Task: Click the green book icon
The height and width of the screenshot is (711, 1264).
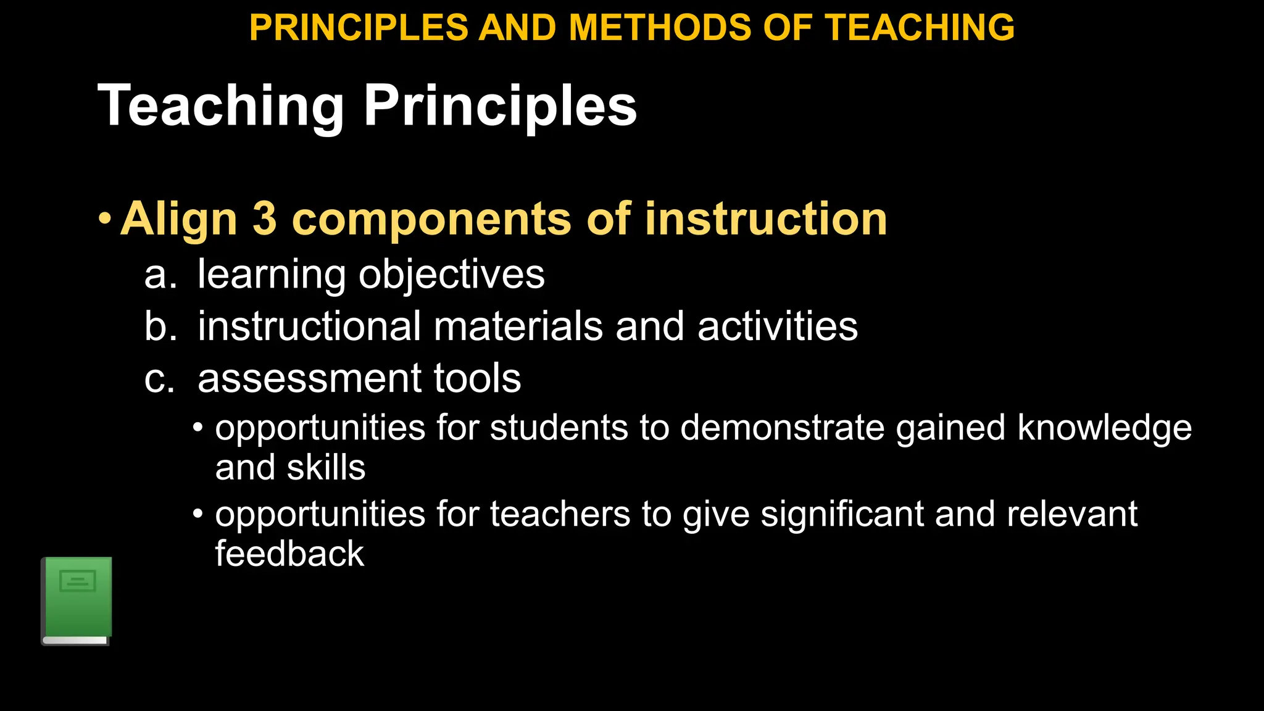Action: tap(77, 601)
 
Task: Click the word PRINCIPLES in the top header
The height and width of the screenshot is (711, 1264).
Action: tap(359, 28)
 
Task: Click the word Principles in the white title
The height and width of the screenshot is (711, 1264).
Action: tap(500, 106)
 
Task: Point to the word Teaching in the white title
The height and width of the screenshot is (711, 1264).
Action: tap(220, 106)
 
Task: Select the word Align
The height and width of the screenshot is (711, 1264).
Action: tap(179, 220)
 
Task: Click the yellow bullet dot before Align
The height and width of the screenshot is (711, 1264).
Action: tap(105, 219)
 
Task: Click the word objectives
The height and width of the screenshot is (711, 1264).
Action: tap(452, 275)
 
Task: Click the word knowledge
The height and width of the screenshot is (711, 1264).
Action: tap(1104, 428)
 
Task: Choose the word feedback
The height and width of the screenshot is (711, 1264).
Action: tap(289, 553)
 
